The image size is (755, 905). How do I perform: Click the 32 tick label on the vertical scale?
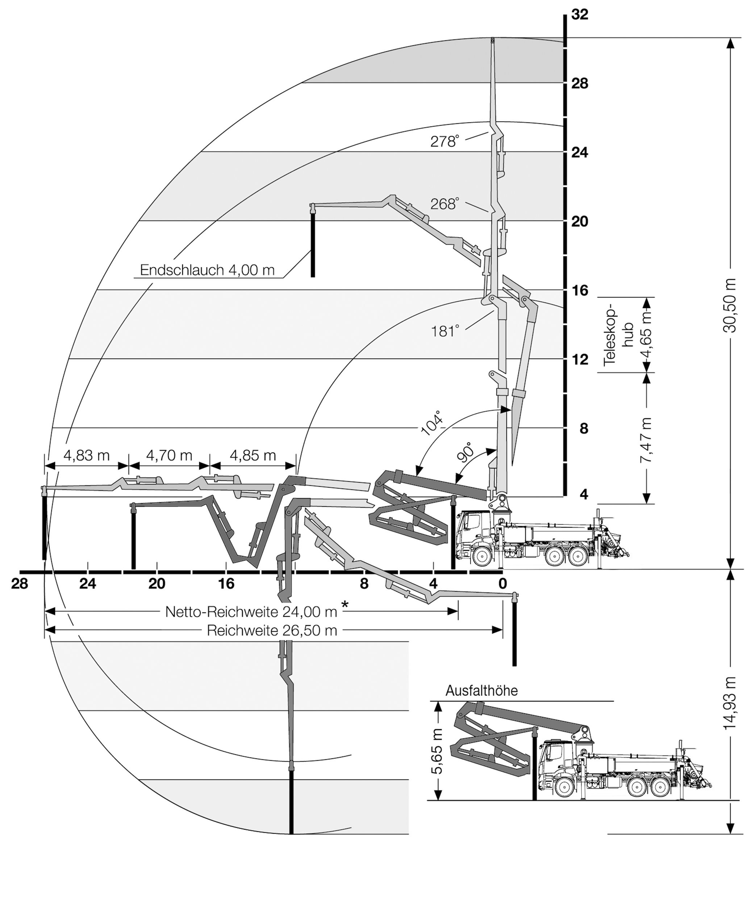click(580, 14)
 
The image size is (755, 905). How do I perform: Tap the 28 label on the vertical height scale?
click(580, 83)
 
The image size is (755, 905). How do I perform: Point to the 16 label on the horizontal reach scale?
click(226, 584)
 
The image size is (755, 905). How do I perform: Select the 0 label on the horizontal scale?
click(502, 584)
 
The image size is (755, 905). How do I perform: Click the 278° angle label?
click(445, 141)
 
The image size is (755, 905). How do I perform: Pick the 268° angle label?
click(445, 203)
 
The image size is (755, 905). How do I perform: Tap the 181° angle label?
click(445, 331)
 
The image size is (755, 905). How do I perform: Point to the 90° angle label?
click(465, 452)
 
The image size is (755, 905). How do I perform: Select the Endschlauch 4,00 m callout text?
click(207, 270)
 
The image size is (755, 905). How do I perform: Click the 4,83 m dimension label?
click(87, 455)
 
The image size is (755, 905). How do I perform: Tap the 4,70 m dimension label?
click(169, 455)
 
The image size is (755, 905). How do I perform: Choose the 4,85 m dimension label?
click(253, 455)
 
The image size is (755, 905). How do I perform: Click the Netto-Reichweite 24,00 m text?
click(251, 611)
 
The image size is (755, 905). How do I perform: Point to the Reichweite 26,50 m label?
click(272, 631)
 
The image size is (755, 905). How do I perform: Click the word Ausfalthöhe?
click(481, 690)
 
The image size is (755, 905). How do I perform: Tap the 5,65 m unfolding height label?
click(438, 751)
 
